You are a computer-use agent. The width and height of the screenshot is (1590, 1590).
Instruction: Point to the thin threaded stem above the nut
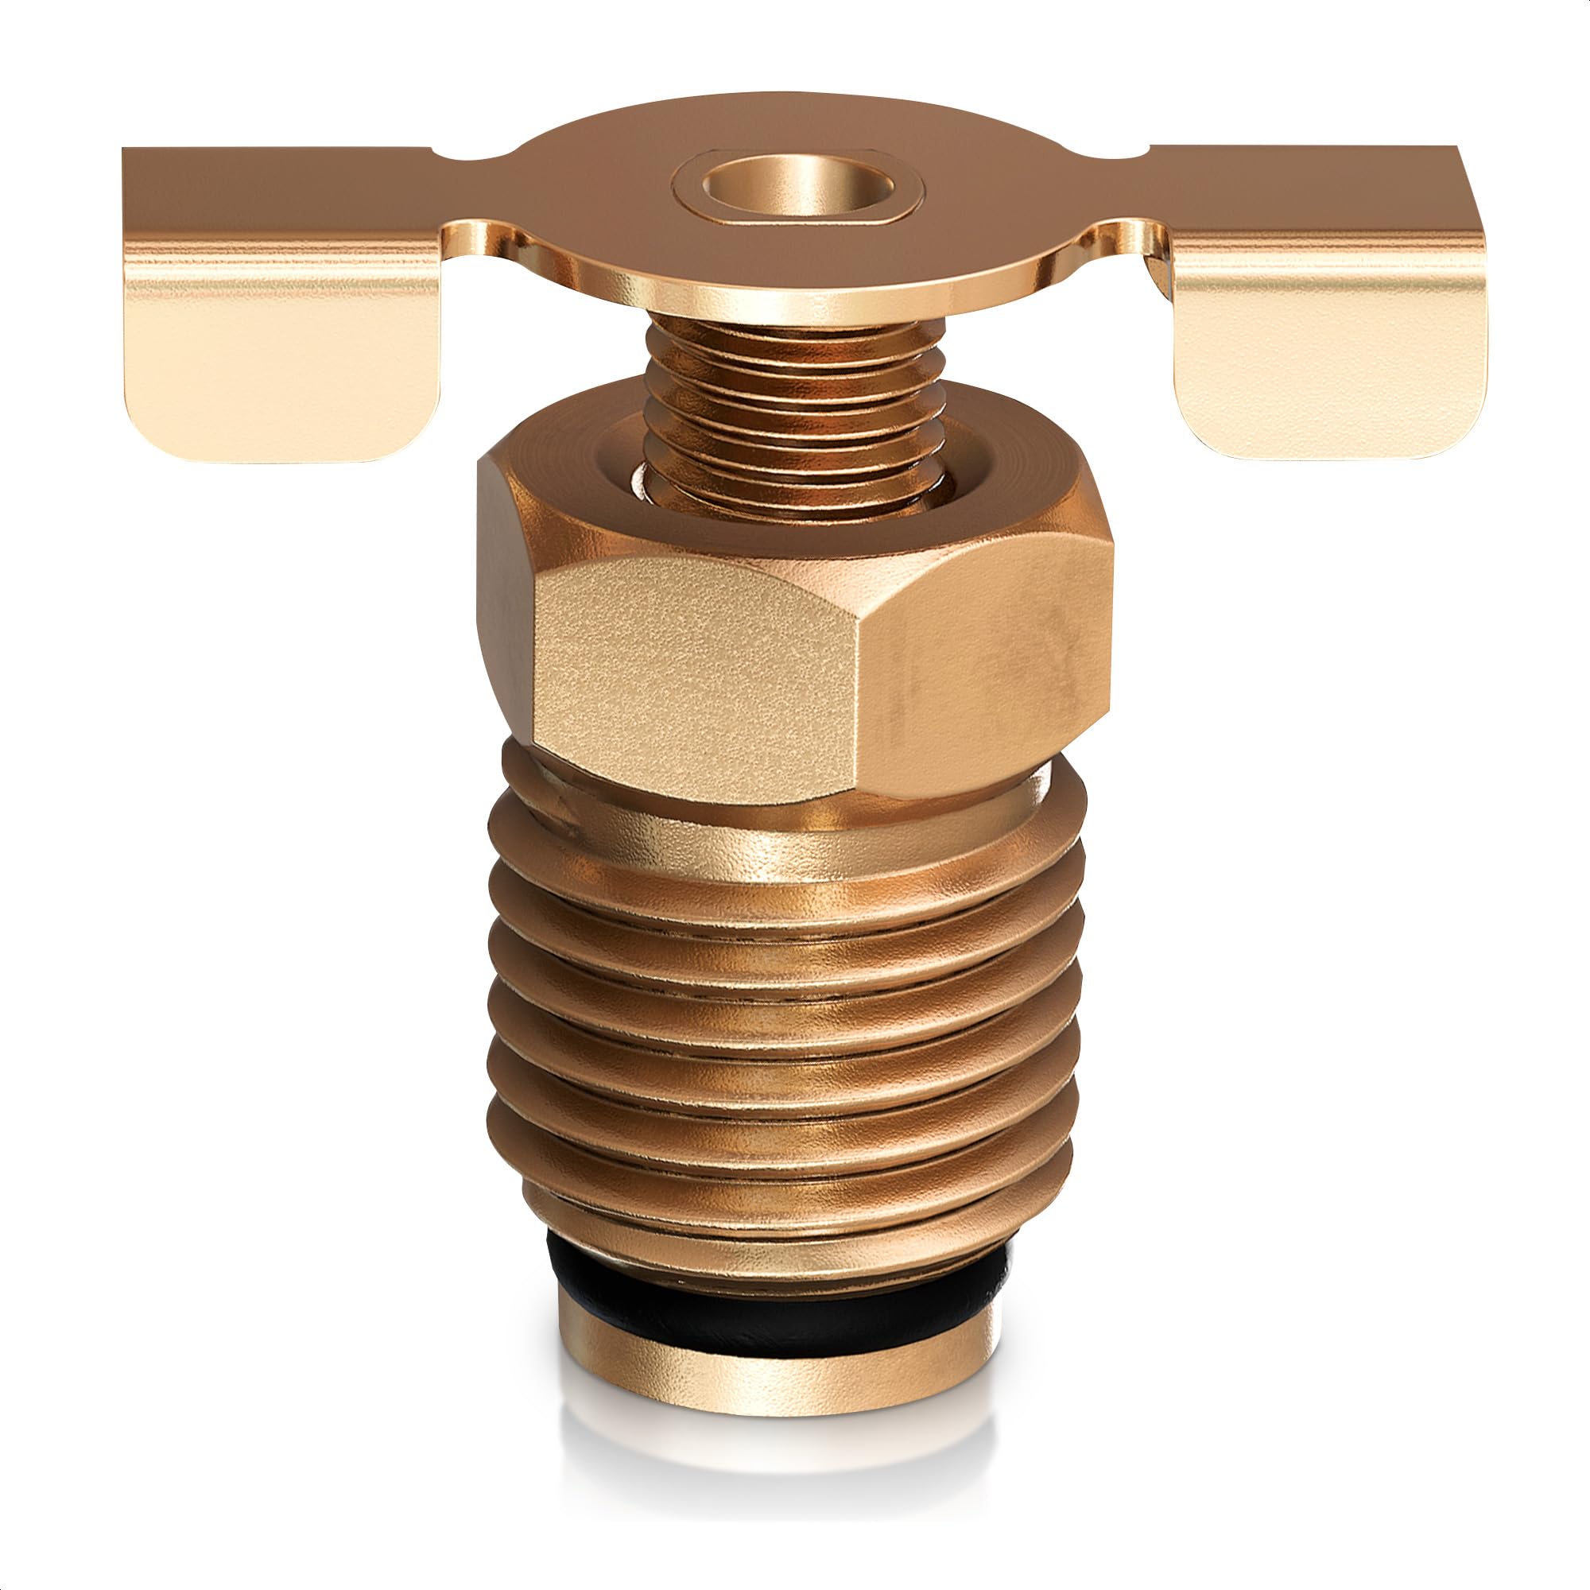[794, 412]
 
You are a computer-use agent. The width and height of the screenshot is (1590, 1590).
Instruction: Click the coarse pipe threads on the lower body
[781, 1029]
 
